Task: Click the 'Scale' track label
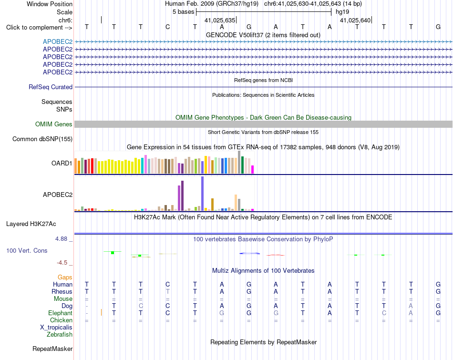(x=64, y=12)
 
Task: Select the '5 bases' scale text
(x=184, y=12)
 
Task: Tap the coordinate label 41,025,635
(x=220, y=20)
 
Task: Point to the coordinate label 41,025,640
(x=355, y=20)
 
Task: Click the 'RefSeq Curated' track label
(x=51, y=87)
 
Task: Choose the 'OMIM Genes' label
(x=54, y=124)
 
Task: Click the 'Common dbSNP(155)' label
(x=42, y=139)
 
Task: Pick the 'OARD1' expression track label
(x=62, y=163)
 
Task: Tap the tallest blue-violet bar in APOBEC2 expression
(x=203, y=194)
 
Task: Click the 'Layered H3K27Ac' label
(x=31, y=224)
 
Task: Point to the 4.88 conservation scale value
(x=61, y=239)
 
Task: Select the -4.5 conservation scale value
(x=62, y=263)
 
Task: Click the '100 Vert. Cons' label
(x=27, y=250)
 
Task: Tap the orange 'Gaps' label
(x=65, y=278)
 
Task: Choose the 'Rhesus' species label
(x=62, y=291)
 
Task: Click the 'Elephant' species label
(x=61, y=313)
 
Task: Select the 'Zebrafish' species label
(x=60, y=335)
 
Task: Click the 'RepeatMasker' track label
(x=52, y=349)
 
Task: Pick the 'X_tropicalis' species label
(x=56, y=328)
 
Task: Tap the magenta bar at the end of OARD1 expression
(x=253, y=169)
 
